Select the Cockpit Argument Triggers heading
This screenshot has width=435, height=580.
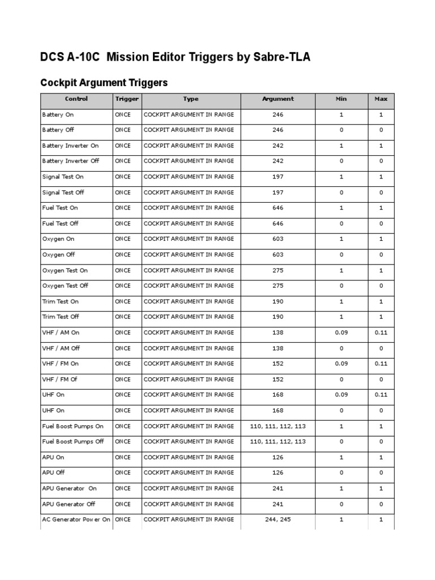pos(104,83)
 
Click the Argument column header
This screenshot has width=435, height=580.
pos(278,99)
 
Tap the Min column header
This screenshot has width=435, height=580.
pos(341,99)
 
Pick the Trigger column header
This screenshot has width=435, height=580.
pos(127,99)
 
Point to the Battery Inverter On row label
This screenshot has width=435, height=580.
pos(70,146)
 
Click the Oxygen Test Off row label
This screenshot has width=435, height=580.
pos(65,286)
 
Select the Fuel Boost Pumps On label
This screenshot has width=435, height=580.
pos(73,426)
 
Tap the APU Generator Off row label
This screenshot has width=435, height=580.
pos(69,504)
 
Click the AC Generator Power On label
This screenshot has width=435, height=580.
pos(76,519)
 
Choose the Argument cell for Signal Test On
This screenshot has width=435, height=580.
pos(278,177)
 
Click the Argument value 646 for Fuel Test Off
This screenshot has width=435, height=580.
pos(278,224)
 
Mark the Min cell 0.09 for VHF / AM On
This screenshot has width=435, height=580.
pos(341,332)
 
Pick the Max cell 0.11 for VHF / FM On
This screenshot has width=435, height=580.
pos(381,364)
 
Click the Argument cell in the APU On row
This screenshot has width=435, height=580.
pos(278,457)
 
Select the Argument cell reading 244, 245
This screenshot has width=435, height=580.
pos(278,519)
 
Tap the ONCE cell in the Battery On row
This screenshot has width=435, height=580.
pos(123,114)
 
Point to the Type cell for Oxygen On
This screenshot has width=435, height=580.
pos(189,239)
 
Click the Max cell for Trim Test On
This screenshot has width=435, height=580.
pos(381,301)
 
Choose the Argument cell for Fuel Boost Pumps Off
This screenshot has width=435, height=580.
pos(278,442)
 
